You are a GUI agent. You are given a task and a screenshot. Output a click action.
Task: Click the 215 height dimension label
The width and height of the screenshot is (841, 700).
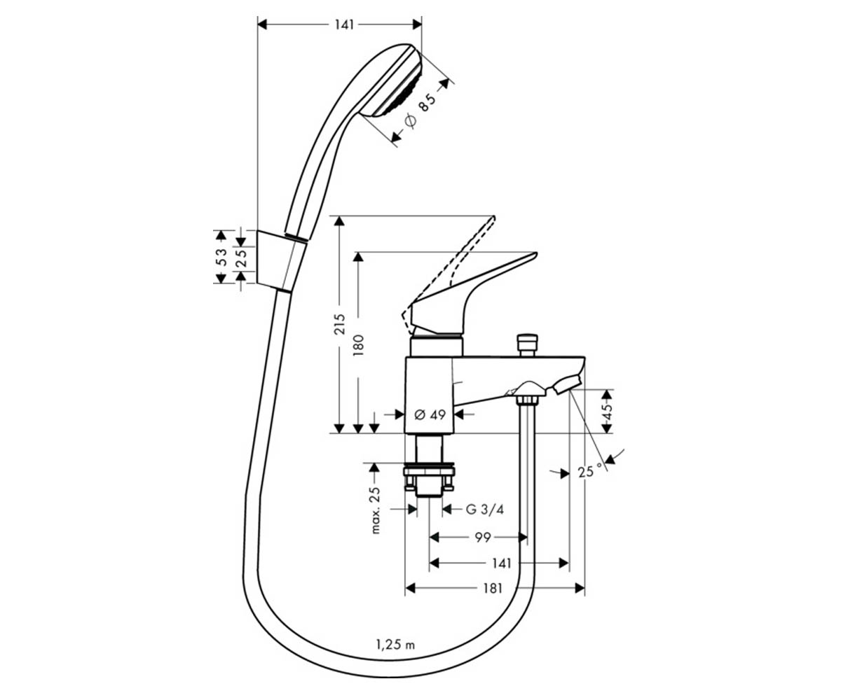tap(341, 324)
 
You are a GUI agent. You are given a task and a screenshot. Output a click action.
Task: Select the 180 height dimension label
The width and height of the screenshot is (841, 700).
tap(358, 345)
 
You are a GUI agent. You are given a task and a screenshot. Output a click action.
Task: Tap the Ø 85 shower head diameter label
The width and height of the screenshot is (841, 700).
tap(421, 110)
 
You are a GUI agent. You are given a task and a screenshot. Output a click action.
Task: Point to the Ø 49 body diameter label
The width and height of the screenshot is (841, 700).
tap(430, 414)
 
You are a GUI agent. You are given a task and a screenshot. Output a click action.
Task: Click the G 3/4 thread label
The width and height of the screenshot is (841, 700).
tap(484, 510)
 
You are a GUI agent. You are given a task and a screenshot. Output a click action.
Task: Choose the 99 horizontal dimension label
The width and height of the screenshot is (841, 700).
tap(483, 537)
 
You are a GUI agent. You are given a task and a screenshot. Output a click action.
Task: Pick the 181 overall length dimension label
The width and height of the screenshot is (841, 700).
tap(493, 589)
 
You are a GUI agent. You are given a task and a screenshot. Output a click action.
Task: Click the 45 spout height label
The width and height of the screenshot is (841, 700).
tap(608, 411)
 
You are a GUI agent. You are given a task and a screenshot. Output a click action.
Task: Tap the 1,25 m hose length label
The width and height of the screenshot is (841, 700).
tap(395, 645)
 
